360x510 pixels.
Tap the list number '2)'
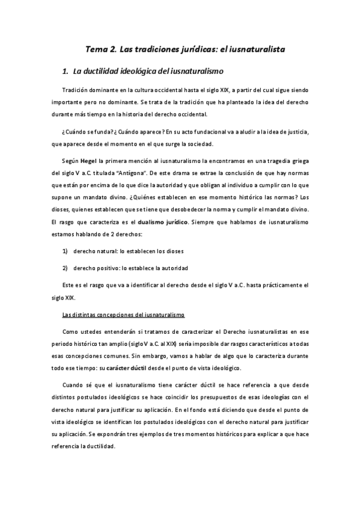click(66, 250)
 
